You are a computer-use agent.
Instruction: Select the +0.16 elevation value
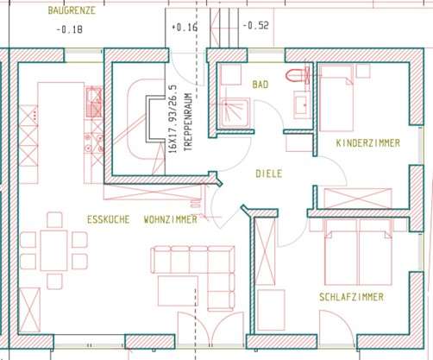point(185,27)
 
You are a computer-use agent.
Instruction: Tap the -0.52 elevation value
point(257,25)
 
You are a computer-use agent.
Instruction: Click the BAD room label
point(260,85)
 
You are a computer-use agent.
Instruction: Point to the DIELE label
point(269,173)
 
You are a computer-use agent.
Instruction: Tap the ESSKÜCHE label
point(108,220)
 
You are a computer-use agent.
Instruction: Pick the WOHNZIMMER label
point(171,220)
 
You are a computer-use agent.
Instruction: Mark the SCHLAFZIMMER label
point(352,296)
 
